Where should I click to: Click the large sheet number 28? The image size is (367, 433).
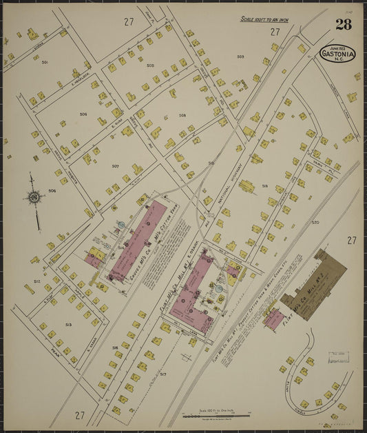click(344, 26)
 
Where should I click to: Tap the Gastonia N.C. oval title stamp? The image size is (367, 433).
click(337, 53)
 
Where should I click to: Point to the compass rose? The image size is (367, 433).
click(34, 198)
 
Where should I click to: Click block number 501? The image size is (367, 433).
click(45, 63)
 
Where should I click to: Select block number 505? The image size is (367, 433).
click(150, 66)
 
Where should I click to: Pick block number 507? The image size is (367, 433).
click(116, 166)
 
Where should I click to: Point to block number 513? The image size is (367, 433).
click(68, 325)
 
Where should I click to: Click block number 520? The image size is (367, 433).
click(315, 223)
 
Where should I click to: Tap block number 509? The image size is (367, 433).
click(241, 57)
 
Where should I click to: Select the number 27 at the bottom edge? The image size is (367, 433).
click(80, 415)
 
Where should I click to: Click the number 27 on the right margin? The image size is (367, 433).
click(351, 240)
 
